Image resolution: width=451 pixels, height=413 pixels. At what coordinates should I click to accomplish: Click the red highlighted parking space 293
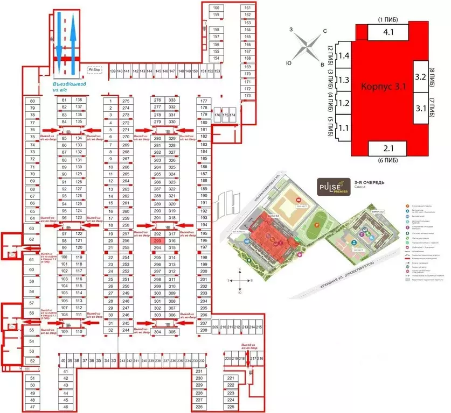[158, 241]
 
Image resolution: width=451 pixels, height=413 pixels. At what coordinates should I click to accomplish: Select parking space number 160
[216, 8]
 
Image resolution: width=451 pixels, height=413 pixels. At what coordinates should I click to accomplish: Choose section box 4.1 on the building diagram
[388, 32]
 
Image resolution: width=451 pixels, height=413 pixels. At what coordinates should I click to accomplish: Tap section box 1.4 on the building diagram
[344, 56]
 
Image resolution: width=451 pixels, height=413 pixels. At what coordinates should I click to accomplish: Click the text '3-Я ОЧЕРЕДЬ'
[369, 183]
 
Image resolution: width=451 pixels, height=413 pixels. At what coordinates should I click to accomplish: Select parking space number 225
[231, 407]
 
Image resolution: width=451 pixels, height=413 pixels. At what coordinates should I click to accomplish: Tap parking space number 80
[32, 101]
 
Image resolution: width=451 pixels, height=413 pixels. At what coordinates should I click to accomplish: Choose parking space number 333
[172, 101]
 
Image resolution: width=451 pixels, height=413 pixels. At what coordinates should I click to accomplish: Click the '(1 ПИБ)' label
[387, 20]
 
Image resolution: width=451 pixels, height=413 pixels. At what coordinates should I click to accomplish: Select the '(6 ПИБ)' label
[388, 160]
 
